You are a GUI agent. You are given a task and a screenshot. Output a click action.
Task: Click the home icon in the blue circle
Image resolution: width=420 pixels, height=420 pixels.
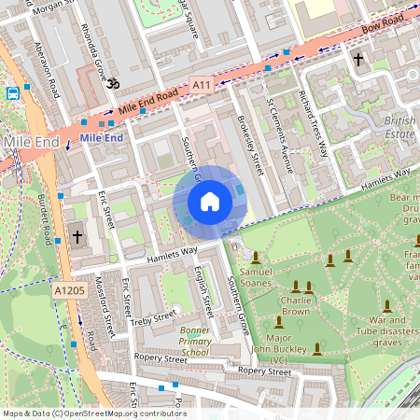pos(210,202)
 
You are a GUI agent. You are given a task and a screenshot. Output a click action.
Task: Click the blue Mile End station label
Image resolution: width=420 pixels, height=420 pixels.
pos(102,138)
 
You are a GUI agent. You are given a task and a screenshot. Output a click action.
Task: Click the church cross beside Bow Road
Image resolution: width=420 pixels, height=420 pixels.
pos(357,60)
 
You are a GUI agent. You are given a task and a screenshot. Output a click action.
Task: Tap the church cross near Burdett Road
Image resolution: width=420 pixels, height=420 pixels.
pos(77,237)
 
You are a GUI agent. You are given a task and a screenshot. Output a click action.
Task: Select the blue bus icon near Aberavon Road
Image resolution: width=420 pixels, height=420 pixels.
pos(13,93)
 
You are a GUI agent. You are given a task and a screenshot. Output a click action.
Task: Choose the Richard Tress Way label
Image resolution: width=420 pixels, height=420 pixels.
pos(313,119)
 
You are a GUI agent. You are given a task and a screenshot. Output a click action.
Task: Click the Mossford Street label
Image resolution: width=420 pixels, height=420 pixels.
pos(109,306)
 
